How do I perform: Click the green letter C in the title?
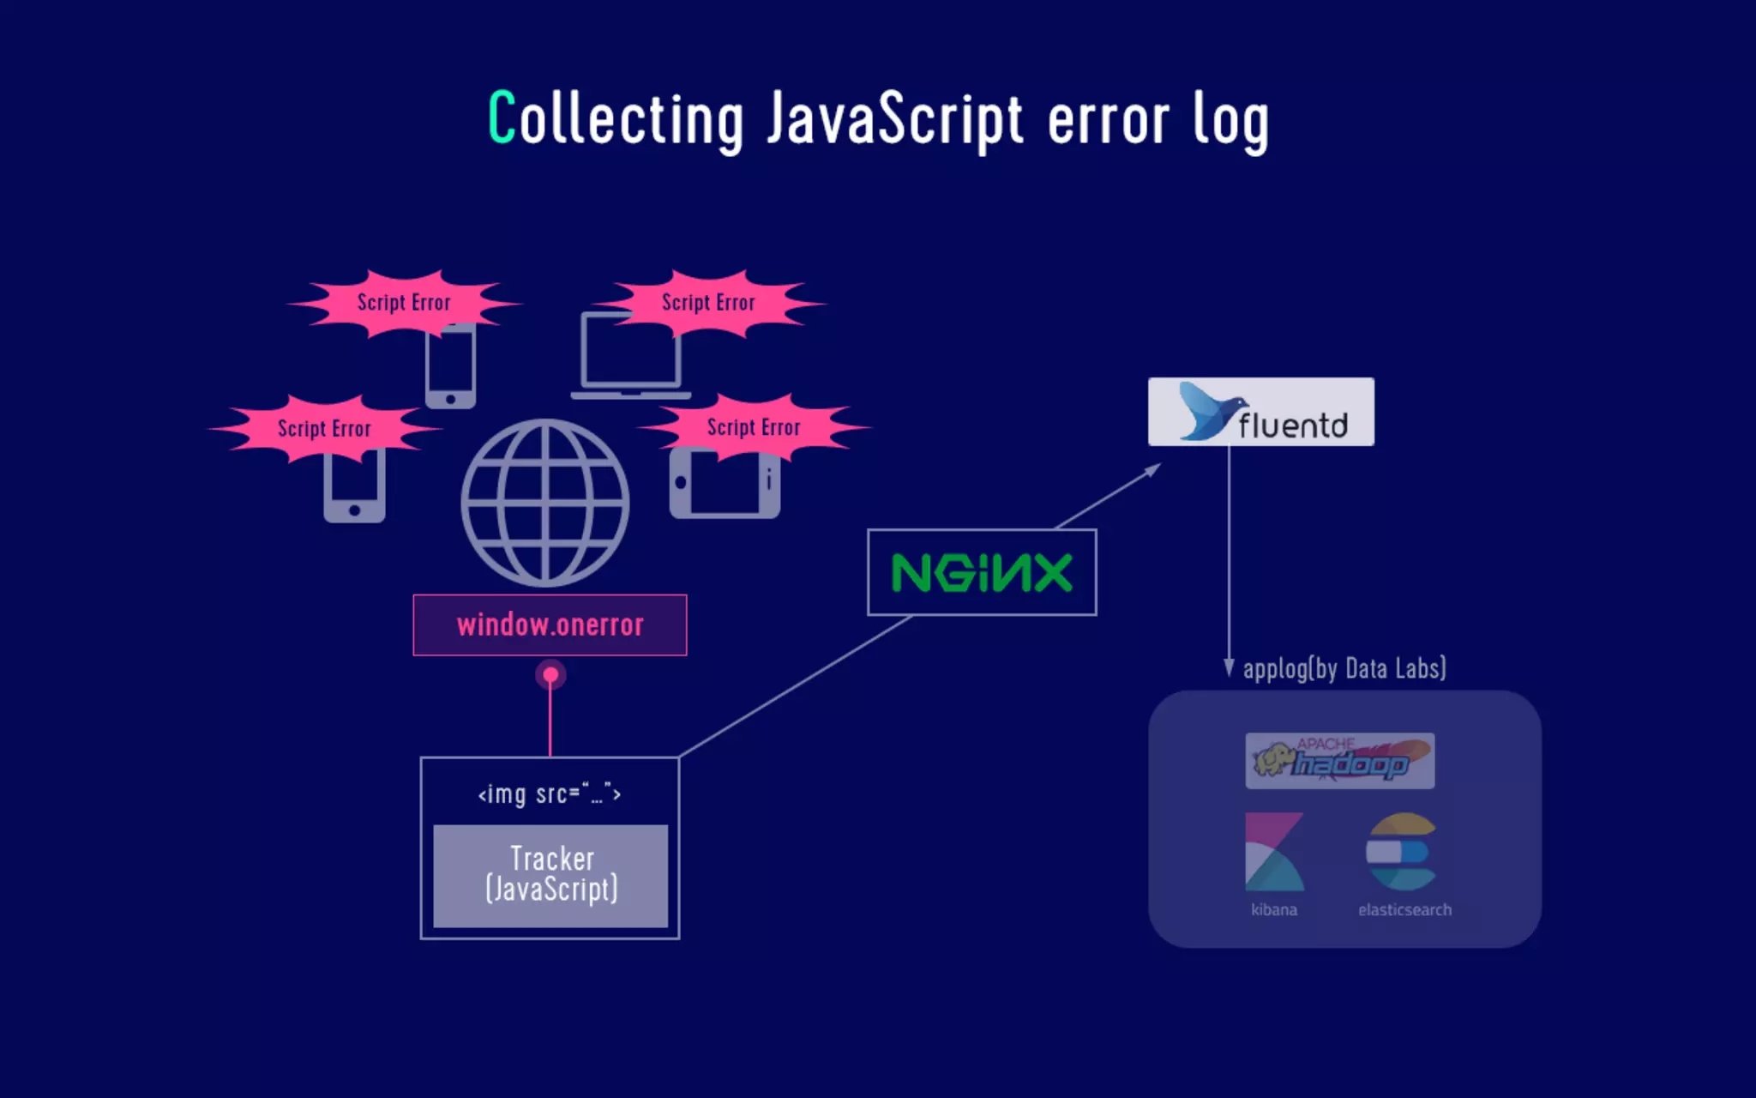(502, 118)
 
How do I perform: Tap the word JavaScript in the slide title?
(894, 120)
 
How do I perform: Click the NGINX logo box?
(982, 572)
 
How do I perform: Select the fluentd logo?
(1260, 412)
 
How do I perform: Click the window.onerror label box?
(550, 624)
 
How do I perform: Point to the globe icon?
(545, 503)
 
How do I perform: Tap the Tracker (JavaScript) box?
(550, 875)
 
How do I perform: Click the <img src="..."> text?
(550, 793)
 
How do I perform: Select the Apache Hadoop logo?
(1339, 760)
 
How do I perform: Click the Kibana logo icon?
(1274, 852)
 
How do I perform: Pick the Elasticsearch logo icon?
(1401, 852)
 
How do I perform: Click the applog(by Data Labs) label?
(1344, 668)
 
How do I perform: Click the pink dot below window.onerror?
(550, 675)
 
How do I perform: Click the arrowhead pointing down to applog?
(1229, 669)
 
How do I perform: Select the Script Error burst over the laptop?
(708, 303)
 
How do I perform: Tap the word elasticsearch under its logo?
(1404, 909)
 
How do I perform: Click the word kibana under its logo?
(1274, 909)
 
